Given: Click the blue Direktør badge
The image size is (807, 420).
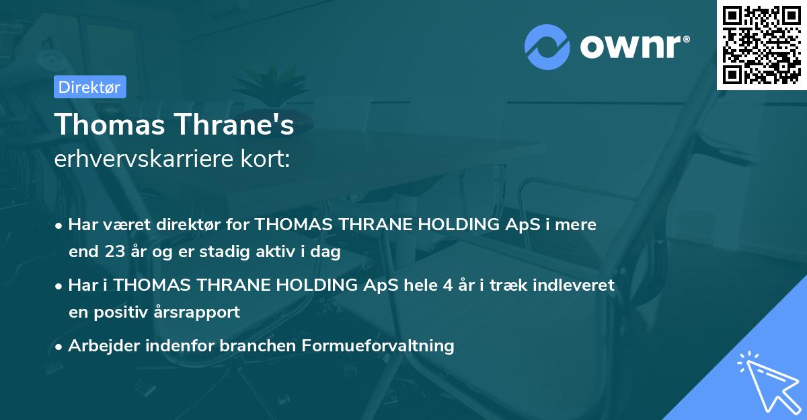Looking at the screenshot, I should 89,87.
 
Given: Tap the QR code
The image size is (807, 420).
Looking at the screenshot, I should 762,44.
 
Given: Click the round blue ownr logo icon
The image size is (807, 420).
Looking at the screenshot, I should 547,47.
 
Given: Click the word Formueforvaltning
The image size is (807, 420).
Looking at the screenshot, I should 378,346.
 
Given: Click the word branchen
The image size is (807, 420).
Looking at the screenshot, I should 260,346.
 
